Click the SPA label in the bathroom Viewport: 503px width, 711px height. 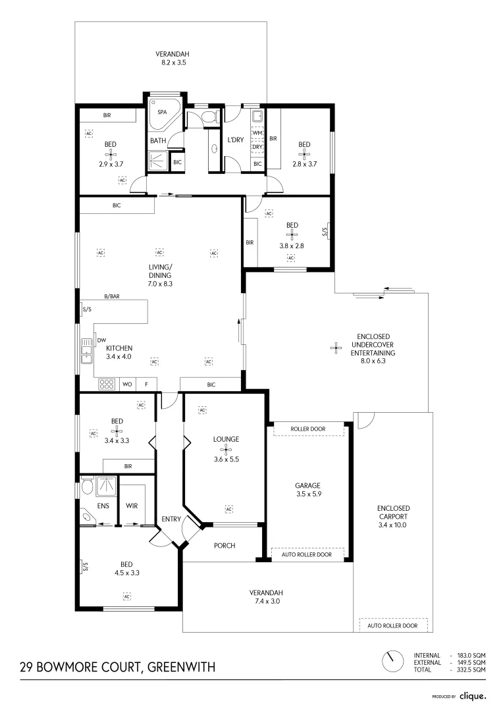[x=161, y=112]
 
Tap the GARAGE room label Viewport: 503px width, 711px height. [x=309, y=485]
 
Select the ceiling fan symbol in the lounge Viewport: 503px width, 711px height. [x=226, y=450]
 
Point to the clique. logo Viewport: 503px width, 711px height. [x=473, y=695]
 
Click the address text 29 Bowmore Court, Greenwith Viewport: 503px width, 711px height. [x=117, y=668]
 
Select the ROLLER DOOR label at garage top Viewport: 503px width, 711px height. [x=308, y=429]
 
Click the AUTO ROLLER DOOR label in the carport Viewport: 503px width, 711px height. [x=392, y=625]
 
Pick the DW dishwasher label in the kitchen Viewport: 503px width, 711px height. [x=101, y=340]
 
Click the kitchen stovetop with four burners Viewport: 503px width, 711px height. [x=107, y=383]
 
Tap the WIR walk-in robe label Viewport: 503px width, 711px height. [x=131, y=506]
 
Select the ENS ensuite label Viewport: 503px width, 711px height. [x=103, y=506]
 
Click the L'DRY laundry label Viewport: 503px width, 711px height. [x=236, y=140]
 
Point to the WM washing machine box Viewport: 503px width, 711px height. [x=257, y=134]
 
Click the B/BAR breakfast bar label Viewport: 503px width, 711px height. [x=111, y=297]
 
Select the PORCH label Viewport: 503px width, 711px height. [x=225, y=546]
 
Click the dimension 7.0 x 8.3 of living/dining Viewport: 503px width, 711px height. [x=160, y=284]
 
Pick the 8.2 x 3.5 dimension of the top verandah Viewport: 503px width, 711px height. [x=170, y=63]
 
